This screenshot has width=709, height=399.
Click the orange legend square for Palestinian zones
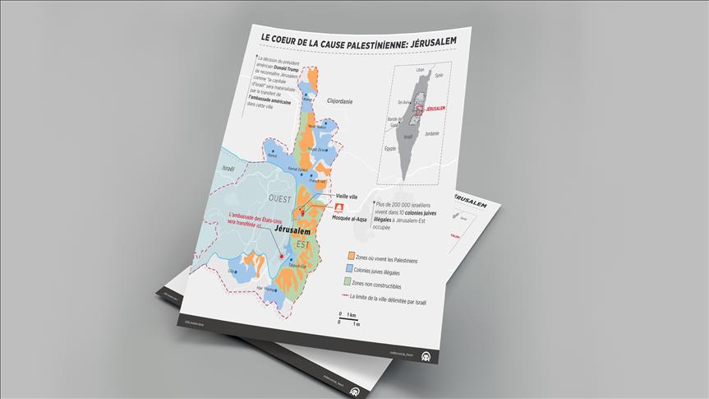coord(351,256)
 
